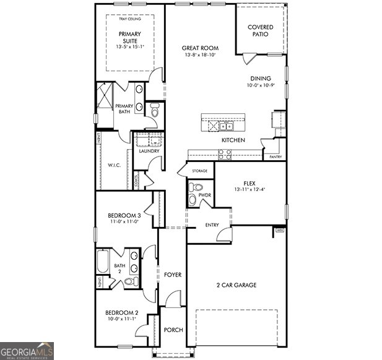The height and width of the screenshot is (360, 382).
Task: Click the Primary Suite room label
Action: point(129,36)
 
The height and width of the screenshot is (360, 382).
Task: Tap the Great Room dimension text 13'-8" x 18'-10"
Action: point(198,55)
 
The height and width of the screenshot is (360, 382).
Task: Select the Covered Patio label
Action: point(261,31)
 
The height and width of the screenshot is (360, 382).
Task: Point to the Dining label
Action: point(261,79)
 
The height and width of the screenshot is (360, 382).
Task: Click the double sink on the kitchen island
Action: point(224,126)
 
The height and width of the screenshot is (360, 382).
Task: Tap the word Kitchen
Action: point(233,140)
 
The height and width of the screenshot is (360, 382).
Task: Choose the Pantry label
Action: point(276,157)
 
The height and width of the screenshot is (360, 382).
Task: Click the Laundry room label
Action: point(149,151)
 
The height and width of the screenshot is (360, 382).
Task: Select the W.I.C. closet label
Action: point(114,165)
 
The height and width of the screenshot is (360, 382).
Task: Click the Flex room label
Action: point(250,184)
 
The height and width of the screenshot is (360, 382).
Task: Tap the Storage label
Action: point(199,171)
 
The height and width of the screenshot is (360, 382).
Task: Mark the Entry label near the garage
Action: point(212,225)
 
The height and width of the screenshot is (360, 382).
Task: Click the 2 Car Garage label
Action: point(236,285)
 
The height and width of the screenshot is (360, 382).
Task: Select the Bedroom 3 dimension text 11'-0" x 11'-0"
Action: point(125,221)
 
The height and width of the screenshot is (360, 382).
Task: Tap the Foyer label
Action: point(173,274)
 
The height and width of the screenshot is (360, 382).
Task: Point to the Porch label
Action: point(173,330)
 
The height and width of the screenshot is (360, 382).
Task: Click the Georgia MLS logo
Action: point(27,351)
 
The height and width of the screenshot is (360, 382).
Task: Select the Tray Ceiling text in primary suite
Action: point(129,19)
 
